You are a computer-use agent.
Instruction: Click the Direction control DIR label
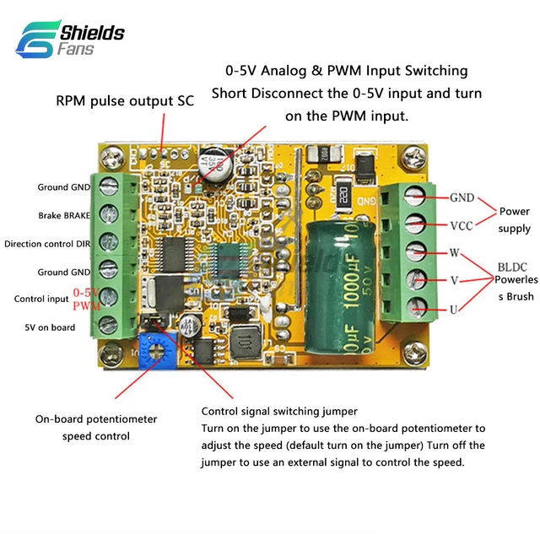click(x=47, y=244)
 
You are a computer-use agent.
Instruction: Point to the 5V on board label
click(x=50, y=327)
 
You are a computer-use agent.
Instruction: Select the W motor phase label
click(x=453, y=252)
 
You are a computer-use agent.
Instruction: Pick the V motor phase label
click(x=453, y=280)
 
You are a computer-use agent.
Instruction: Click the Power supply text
click(x=515, y=219)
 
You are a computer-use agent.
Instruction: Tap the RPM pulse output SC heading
click(x=125, y=100)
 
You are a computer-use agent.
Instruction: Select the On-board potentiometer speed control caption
click(x=96, y=428)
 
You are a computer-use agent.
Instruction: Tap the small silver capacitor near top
click(x=215, y=168)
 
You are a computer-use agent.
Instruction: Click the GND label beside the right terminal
click(x=462, y=197)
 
